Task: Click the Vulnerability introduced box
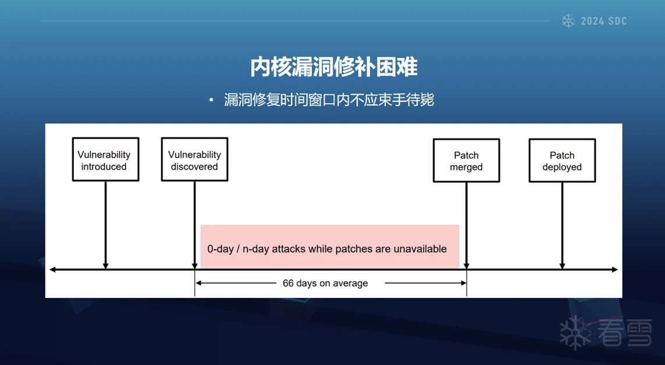click(106, 159)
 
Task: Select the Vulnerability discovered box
click(195, 159)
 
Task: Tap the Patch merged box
click(467, 161)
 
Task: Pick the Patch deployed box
click(563, 161)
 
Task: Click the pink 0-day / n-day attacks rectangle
click(330, 247)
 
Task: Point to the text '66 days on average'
click(325, 283)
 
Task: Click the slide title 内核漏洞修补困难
click(334, 67)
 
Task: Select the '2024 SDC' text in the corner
click(603, 21)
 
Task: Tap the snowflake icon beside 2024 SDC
click(568, 21)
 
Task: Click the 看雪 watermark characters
click(625, 333)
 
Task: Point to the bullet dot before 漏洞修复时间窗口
click(211, 101)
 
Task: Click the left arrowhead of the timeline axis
click(52, 270)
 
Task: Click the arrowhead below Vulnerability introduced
click(106, 265)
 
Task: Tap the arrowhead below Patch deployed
click(563, 265)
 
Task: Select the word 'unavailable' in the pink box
click(420, 249)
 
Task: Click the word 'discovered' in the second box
click(194, 166)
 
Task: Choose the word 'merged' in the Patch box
click(466, 167)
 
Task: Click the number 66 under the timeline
click(288, 283)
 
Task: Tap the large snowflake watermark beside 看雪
click(575, 333)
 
